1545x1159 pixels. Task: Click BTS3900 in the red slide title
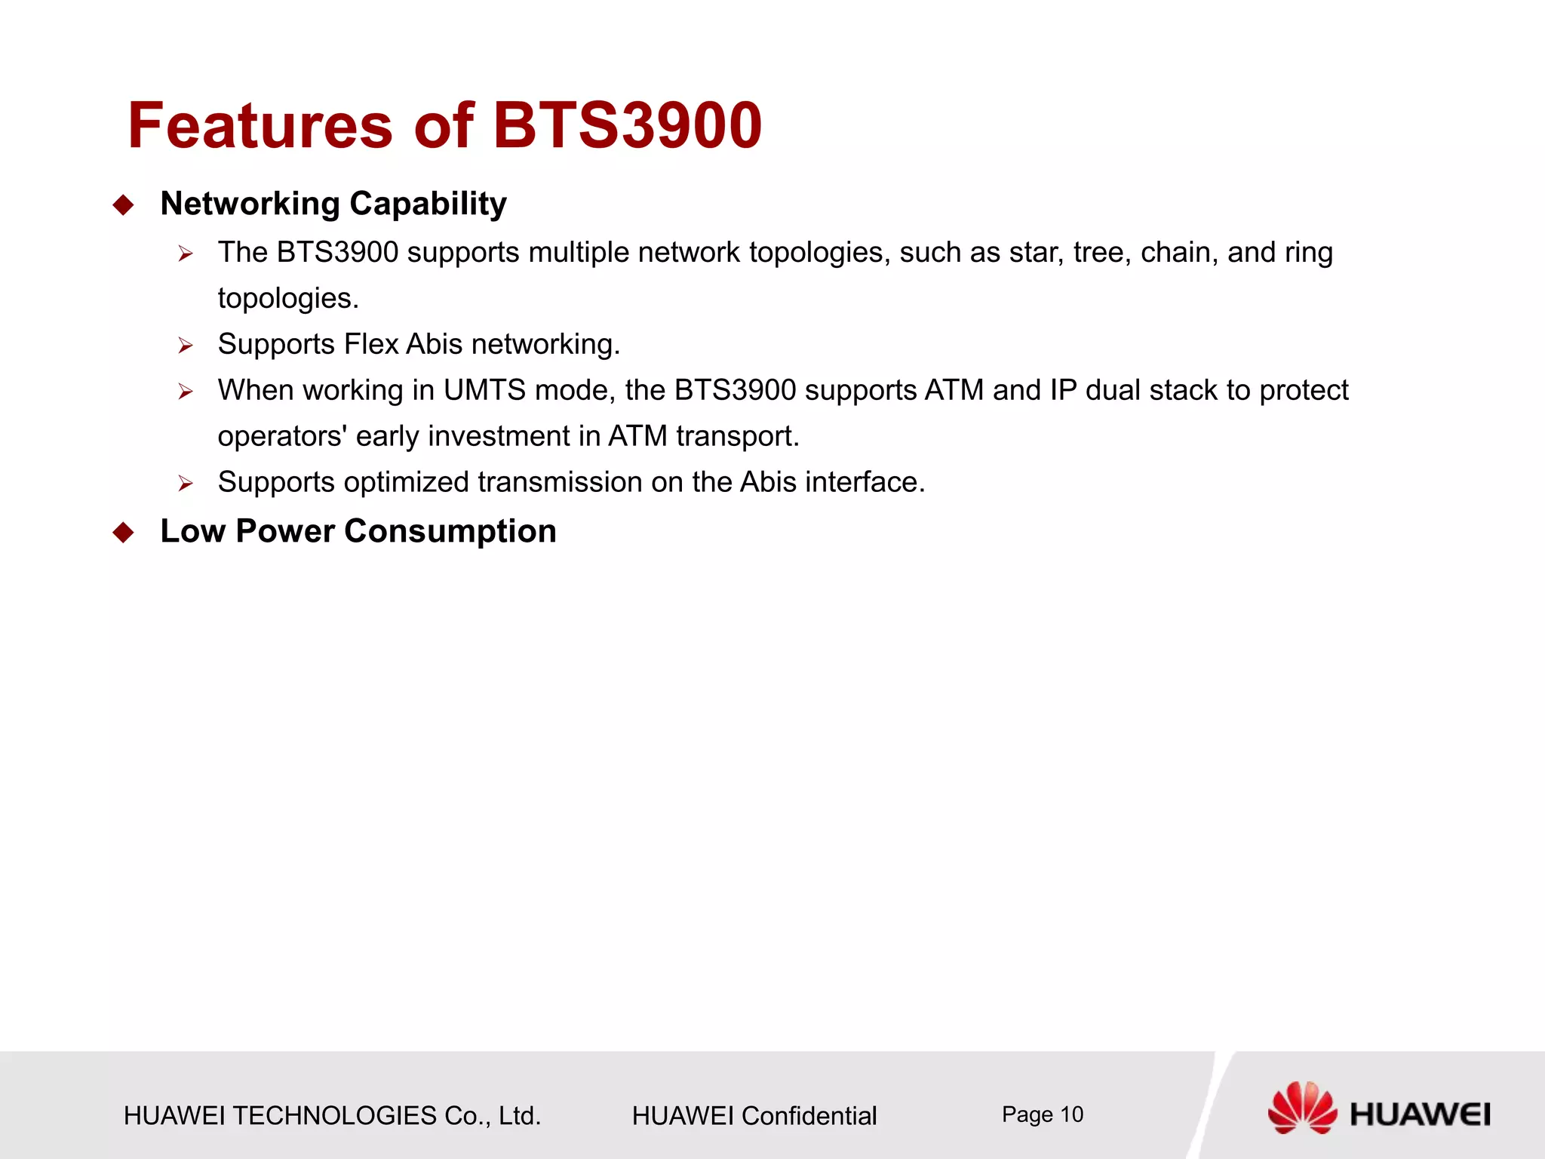point(627,125)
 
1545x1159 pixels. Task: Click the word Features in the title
point(260,125)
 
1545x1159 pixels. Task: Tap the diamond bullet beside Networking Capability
point(123,205)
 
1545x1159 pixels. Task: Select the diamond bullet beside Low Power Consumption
point(123,533)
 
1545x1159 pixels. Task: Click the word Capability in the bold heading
point(428,204)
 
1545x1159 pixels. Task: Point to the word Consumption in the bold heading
point(450,531)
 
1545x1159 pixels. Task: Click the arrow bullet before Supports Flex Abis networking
point(186,346)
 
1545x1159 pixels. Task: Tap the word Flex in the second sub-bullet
point(371,344)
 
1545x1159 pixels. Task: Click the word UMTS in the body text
point(484,390)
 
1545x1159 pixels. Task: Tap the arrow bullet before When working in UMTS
point(186,392)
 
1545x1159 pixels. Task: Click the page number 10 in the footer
point(1071,1114)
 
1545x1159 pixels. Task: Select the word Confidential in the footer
point(809,1116)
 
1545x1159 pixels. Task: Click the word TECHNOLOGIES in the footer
point(334,1116)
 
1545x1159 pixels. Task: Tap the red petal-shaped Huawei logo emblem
point(1302,1107)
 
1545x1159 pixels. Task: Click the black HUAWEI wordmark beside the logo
point(1420,1114)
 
